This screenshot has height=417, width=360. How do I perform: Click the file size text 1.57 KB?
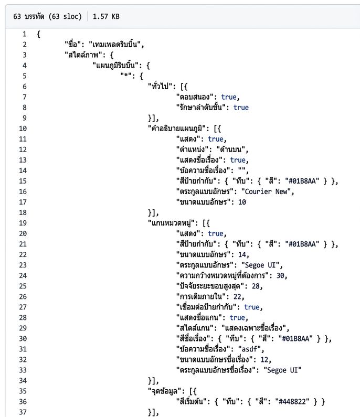[x=106, y=16]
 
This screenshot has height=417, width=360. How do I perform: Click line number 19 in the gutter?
[x=23, y=223]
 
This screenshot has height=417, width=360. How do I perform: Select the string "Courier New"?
[x=266, y=191]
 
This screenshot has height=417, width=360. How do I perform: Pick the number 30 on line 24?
[x=280, y=275]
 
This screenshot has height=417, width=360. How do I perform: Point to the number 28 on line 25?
[x=256, y=286]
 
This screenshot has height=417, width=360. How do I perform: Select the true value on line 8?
[x=241, y=108]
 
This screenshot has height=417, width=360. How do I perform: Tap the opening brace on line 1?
[x=39, y=34]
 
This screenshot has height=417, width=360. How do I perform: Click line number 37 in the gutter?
[x=23, y=412]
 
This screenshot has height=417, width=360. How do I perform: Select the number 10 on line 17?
[x=242, y=202]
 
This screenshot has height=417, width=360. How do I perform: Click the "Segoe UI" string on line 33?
[x=282, y=370]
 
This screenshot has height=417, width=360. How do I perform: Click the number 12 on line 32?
[x=264, y=359]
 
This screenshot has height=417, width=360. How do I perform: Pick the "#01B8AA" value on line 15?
[x=302, y=181]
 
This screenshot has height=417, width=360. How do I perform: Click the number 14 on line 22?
[x=242, y=254]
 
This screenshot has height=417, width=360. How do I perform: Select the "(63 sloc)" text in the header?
[x=65, y=16]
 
